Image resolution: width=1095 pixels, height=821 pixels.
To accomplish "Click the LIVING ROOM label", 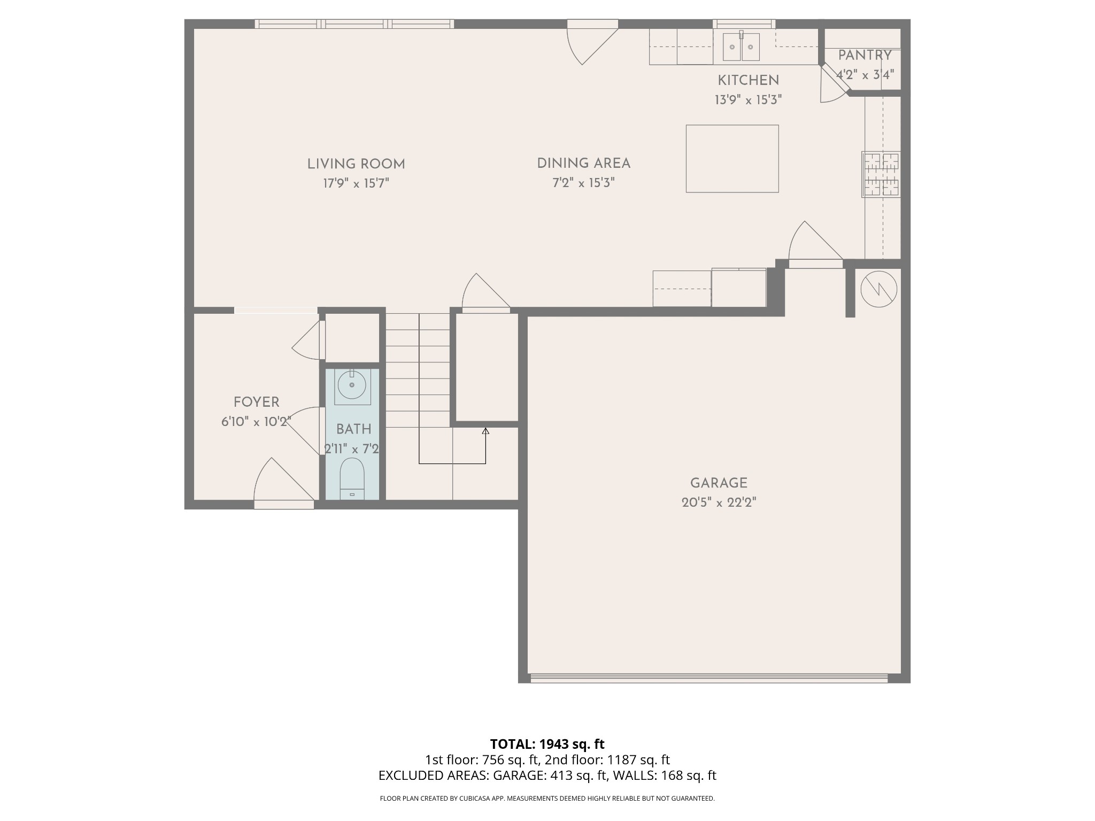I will [x=356, y=164].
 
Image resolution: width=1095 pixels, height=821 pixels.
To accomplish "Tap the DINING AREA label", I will [x=583, y=164].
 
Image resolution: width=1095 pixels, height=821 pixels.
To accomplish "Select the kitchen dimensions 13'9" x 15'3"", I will [x=748, y=100].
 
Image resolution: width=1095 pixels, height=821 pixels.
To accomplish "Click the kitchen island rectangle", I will [x=732, y=158].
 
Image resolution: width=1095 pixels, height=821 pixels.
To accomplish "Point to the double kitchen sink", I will [x=741, y=47].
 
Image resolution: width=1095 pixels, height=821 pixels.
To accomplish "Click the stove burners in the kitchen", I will [x=881, y=174].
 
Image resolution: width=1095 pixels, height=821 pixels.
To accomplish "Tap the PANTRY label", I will [x=864, y=55].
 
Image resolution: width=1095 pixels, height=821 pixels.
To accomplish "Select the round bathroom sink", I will [x=352, y=385].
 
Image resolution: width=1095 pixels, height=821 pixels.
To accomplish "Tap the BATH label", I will [x=353, y=429].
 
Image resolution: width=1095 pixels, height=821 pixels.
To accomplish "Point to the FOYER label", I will [x=256, y=402].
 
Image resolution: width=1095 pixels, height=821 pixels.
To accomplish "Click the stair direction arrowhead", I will [x=485, y=431].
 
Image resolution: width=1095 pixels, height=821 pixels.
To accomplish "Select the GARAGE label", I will [x=718, y=483].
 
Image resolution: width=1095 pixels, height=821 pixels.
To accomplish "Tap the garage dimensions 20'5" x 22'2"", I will [x=718, y=503].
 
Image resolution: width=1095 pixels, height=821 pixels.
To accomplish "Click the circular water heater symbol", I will [x=878, y=289].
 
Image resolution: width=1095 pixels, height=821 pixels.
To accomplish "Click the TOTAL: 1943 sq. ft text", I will [x=547, y=744].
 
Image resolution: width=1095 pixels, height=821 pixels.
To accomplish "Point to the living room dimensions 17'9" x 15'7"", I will [x=356, y=184].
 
